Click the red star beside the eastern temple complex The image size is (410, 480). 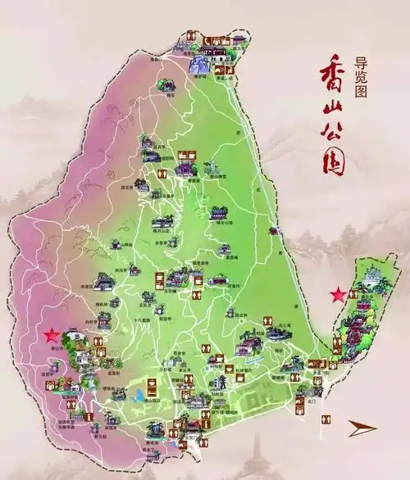337,294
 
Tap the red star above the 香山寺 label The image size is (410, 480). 51,335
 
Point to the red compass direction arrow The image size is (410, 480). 362,428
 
